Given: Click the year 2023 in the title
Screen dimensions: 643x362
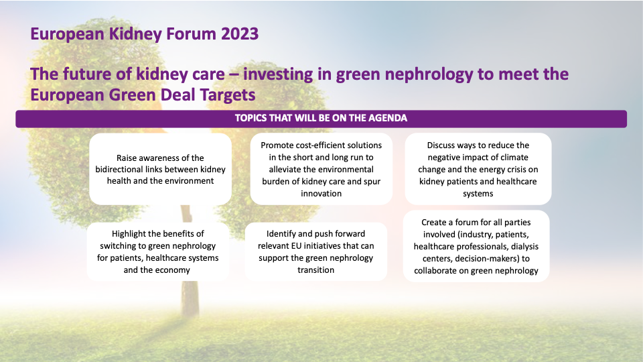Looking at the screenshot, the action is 240,34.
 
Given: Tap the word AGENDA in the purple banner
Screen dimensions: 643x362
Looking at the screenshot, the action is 388,118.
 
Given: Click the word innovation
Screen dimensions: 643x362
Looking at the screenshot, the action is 321,194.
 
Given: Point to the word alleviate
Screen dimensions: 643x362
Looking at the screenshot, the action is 286,170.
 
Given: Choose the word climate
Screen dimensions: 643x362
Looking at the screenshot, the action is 514,158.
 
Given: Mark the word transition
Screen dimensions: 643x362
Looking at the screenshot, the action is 315,270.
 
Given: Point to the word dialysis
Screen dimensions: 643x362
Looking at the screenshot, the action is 524,247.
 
